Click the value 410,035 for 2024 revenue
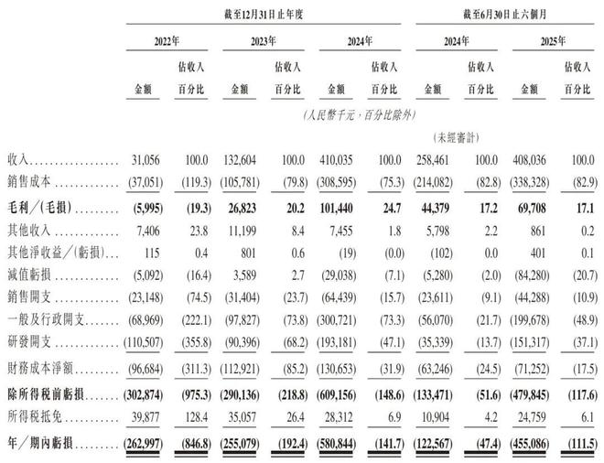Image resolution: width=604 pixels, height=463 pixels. click(341, 160)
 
